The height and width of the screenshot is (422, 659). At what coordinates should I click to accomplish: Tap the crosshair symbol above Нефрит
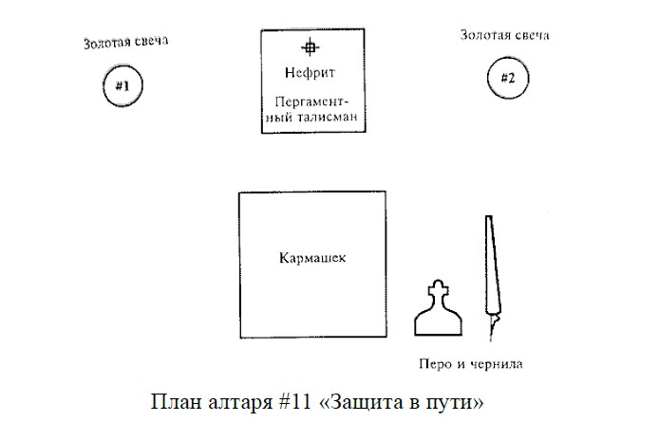coord(311,47)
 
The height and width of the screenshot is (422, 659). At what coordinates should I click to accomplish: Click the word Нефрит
coord(310,73)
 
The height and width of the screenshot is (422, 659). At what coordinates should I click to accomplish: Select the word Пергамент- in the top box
coord(311,102)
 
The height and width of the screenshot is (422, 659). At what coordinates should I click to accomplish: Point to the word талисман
coord(327,117)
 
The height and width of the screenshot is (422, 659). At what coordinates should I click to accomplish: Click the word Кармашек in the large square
coord(312,257)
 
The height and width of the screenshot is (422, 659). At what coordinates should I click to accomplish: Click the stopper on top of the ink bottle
coord(438,289)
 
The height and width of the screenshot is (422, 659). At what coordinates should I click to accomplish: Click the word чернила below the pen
coord(496,363)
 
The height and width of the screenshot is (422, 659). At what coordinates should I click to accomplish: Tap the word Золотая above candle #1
coord(105,43)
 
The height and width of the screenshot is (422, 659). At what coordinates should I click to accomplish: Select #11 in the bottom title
coord(294,401)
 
